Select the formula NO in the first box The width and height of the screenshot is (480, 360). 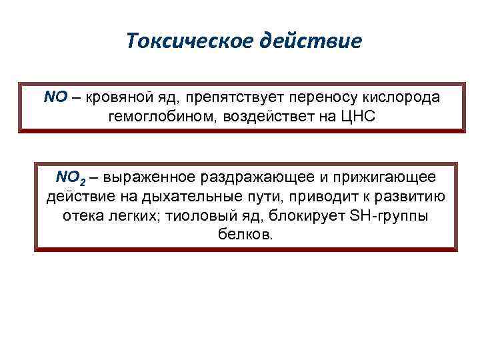click(55, 97)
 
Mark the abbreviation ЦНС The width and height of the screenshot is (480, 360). click(358, 116)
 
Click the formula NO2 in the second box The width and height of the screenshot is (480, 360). click(69, 178)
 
